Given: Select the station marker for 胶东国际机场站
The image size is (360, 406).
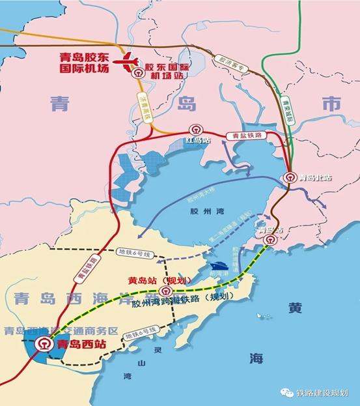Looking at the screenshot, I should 137,74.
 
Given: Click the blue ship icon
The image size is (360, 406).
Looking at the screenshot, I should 218,268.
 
